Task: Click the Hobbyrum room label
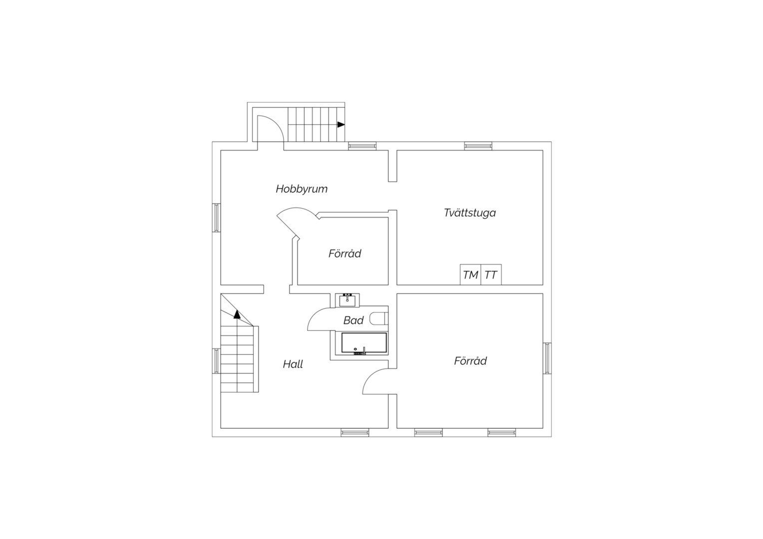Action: click(302, 189)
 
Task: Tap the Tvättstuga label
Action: click(470, 213)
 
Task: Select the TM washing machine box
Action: click(470, 274)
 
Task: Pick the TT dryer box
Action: click(491, 274)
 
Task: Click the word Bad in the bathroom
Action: click(353, 320)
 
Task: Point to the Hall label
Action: click(293, 364)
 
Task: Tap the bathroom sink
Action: click(347, 300)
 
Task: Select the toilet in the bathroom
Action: click(378, 318)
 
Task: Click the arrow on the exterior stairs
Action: click(341, 125)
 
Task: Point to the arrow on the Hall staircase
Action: click(237, 314)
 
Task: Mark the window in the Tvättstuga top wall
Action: click(478, 146)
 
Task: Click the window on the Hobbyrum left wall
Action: click(216, 218)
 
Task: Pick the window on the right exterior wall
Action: click(547, 358)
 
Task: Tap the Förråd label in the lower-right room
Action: click(470, 361)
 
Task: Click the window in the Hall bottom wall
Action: click(355, 432)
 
